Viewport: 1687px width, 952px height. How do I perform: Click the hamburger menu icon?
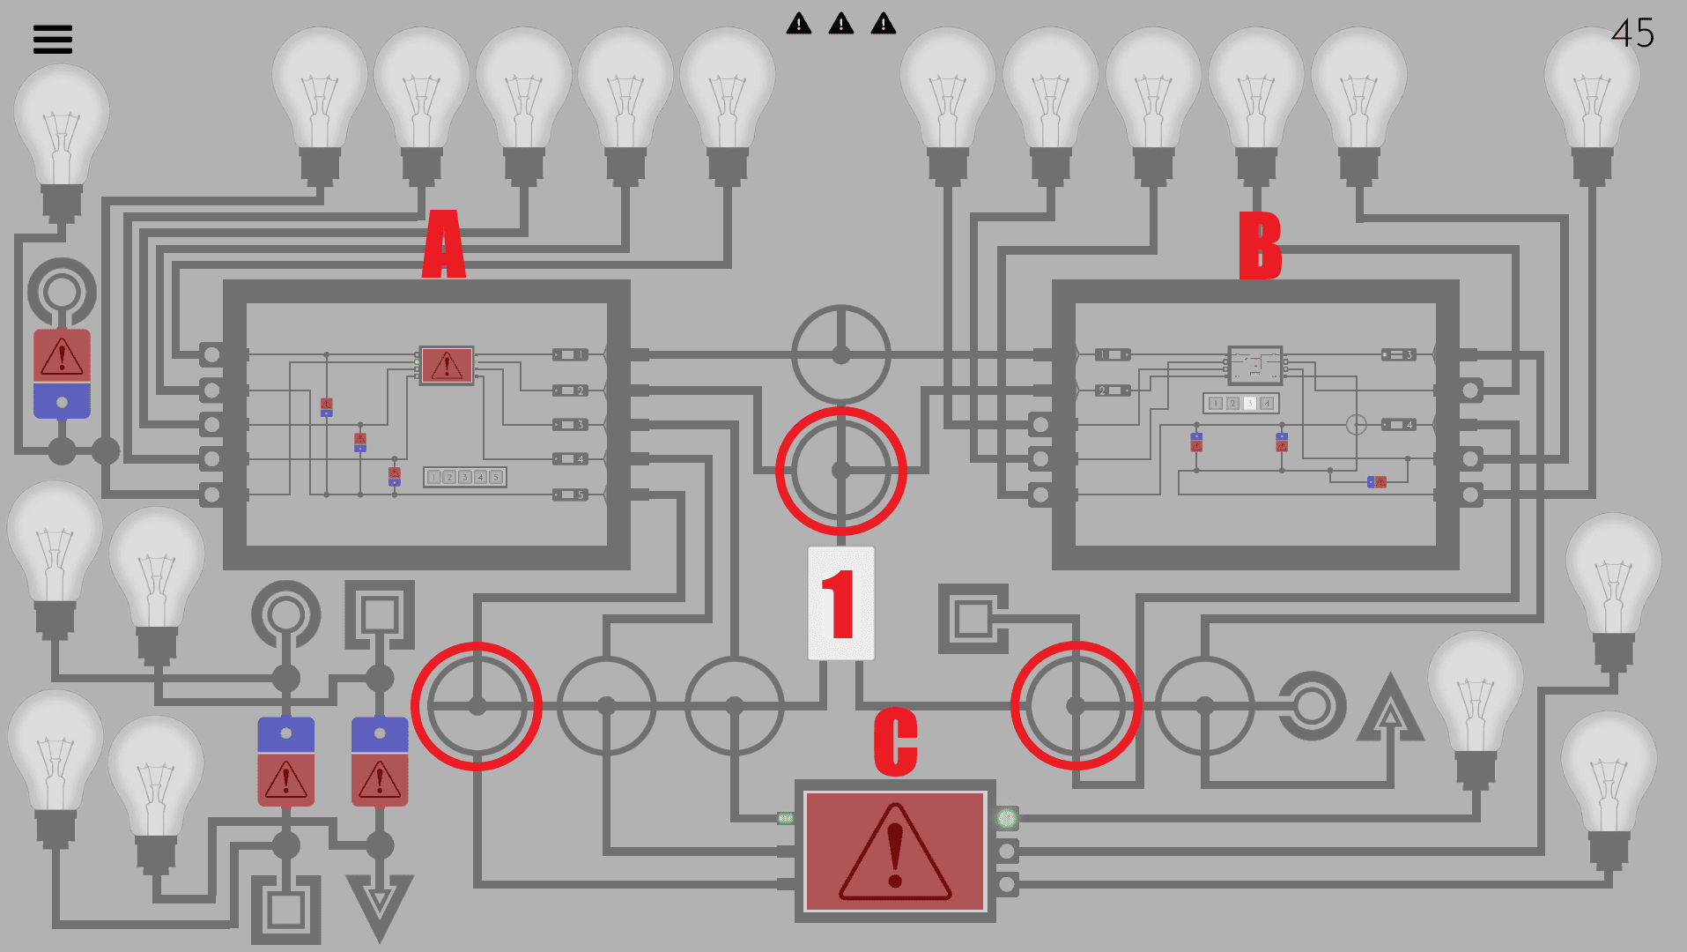coord(52,40)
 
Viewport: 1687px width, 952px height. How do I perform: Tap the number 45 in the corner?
coord(1632,33)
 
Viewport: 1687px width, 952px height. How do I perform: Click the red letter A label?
coord(443,244)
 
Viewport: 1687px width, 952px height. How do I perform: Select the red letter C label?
coord(895,741)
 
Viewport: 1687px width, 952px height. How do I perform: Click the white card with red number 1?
coord(840,603)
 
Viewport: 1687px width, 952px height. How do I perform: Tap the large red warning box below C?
coord(894,851)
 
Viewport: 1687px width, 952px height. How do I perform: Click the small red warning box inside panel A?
coord(447,365)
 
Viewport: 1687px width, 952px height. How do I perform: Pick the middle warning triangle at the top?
coord(840,24)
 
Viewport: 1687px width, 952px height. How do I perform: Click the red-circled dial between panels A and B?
coord(840,470)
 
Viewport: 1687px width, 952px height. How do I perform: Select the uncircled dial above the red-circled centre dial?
coord(840,354)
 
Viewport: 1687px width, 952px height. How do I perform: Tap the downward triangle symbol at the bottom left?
coord(380,904)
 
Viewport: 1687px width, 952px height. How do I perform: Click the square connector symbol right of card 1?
coord(973,618)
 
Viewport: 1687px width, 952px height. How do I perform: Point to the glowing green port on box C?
coord(1006,818)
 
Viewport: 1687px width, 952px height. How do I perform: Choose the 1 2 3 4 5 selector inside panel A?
coord(465,477)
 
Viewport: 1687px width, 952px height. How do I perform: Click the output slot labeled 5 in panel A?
coord(570,495)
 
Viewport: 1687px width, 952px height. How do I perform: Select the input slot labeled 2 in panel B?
coord(1112,390)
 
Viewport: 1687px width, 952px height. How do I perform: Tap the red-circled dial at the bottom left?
coord(477,705)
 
